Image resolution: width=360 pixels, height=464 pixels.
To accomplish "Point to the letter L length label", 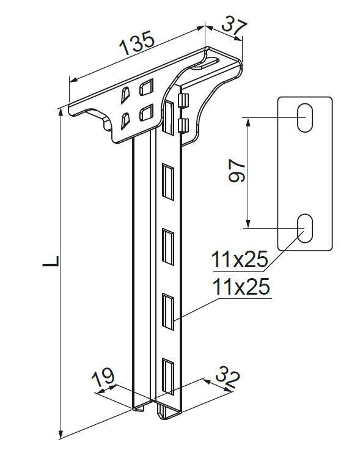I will click(51, 262).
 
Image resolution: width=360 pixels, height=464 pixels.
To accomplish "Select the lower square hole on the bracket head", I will click(146, 112).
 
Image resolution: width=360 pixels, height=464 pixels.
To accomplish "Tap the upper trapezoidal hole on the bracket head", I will click(126, 95).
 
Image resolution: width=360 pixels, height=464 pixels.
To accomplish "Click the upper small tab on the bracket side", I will click(182, 100).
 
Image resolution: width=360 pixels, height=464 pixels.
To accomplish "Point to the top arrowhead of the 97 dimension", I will click(248, 121).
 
